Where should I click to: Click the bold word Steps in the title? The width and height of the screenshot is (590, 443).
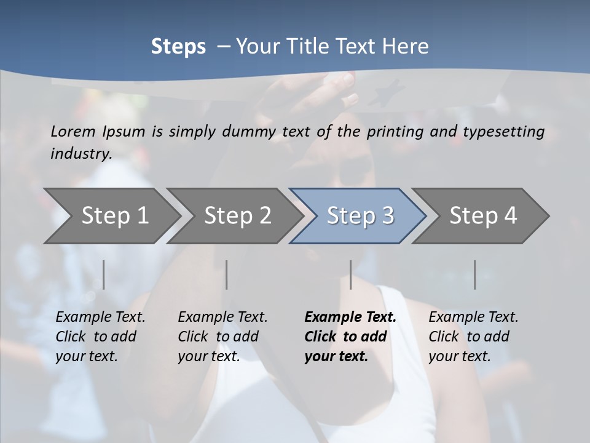point(178,47)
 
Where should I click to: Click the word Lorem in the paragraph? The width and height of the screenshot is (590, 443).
point(73,131)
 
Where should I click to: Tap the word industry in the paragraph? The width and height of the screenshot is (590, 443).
point(81,154)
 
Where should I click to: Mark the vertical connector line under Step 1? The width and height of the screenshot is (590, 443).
point(103,274)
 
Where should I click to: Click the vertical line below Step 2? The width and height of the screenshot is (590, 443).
point(227,274)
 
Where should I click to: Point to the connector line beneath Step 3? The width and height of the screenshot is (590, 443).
point(350,274)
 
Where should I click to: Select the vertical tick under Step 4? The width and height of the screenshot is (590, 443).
point(474,274)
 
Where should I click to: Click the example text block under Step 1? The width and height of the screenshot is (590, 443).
point(98,337)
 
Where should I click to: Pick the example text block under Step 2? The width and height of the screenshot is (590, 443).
point(221,337)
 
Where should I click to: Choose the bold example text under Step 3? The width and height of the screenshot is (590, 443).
point(349,337)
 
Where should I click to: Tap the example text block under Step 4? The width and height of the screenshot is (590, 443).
point(472,337)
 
